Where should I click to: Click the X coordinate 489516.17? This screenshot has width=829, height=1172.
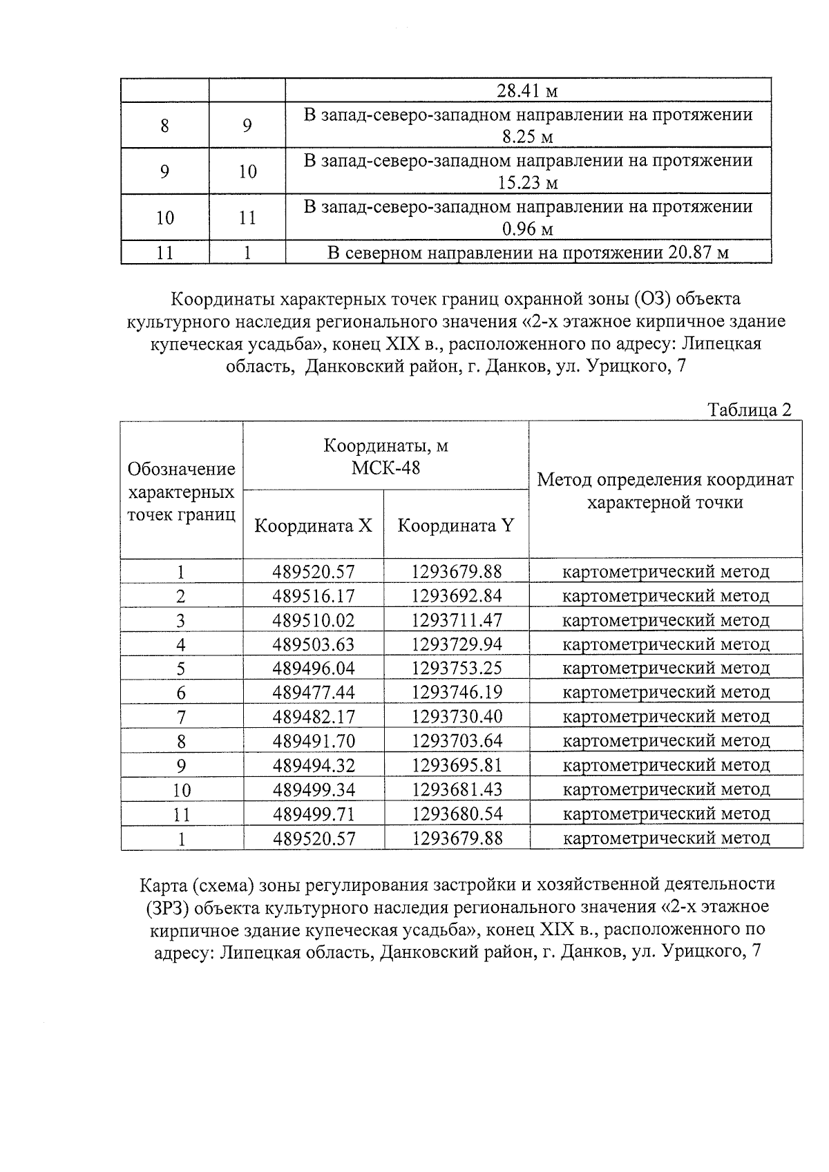[x=313, y=596]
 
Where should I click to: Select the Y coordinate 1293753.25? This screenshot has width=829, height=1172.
[x=457, y=669]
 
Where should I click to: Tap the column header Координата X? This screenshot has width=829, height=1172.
[x=313, y=526]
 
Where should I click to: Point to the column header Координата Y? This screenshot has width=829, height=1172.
[x=456, y=526]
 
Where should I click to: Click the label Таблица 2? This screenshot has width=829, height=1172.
[x=750, y=410]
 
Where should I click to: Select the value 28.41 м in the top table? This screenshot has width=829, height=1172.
[x=528, y=91]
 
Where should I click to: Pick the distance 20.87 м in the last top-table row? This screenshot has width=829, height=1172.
[x=698, y=253]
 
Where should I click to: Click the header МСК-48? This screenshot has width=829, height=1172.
[x=385, y=468]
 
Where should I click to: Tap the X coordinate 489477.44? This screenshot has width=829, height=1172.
[x=313, y=693]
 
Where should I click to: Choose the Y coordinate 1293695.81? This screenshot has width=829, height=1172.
[x=457, y=765]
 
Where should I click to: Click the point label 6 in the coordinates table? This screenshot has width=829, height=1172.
[x=181, y=693]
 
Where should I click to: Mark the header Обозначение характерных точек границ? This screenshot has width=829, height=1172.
[x=182, y=492]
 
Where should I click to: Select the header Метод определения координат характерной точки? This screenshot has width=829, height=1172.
[x=665, y=490]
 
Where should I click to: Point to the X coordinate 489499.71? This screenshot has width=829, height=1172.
[x=313, y=814]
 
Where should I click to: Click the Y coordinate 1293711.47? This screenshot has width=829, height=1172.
[x=457, y=620]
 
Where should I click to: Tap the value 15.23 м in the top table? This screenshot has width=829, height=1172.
[x=528, y=184]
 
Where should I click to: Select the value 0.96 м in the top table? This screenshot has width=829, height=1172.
[x=528, y=229]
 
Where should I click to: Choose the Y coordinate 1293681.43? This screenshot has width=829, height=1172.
[x=457, y=789]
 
